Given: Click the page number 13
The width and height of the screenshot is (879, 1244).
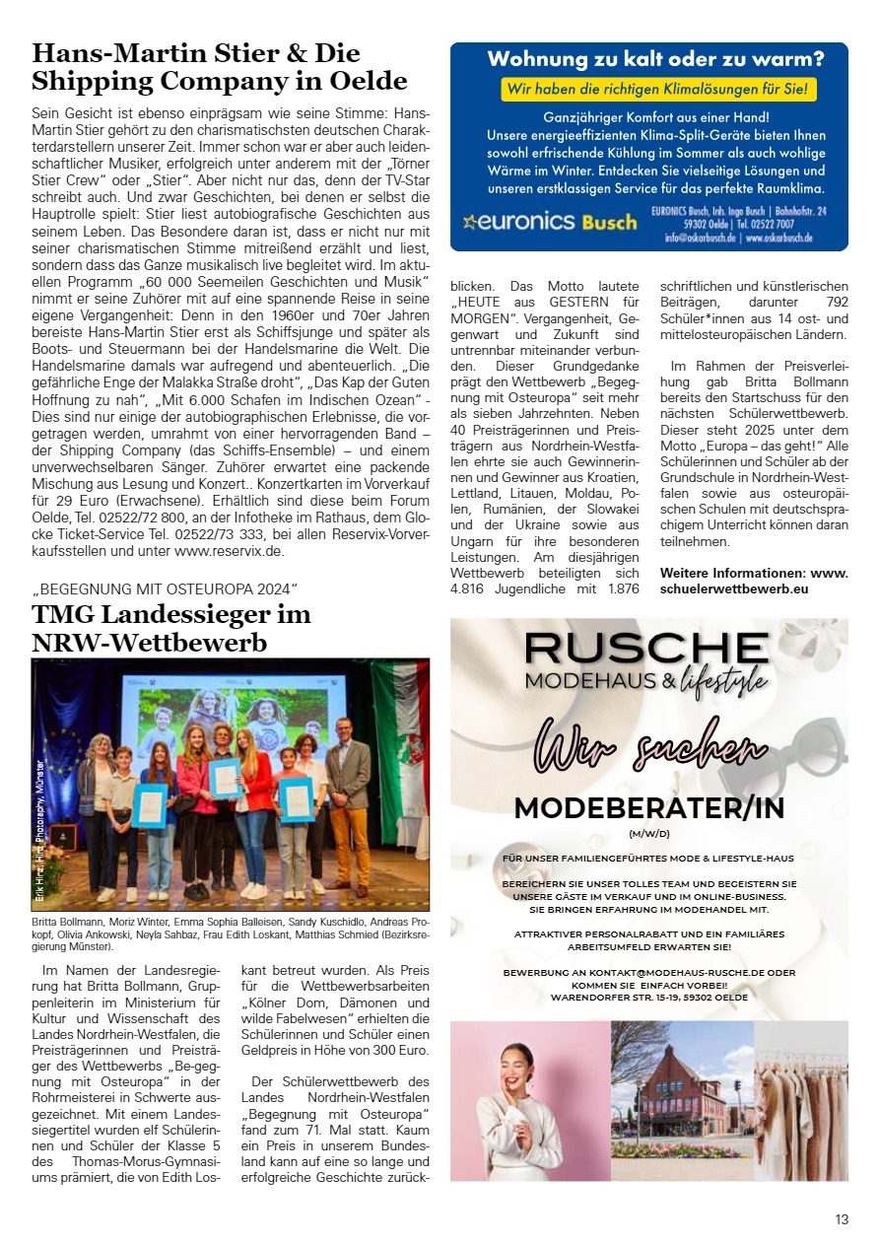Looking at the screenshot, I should click(841, 1219).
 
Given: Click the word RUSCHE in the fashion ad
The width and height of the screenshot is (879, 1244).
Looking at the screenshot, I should click(645, 647).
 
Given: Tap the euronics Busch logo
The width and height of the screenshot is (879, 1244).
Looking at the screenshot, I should click(550, 222).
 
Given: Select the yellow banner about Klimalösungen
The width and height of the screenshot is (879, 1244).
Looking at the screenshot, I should click(658, 90).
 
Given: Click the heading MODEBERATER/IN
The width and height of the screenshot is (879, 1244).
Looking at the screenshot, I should click(648, 808).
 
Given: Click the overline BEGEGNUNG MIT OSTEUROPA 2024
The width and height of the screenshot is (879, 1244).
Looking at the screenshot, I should click(165, 589).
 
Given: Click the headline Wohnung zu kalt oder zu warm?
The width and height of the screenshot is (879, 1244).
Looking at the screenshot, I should click(655, 59).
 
